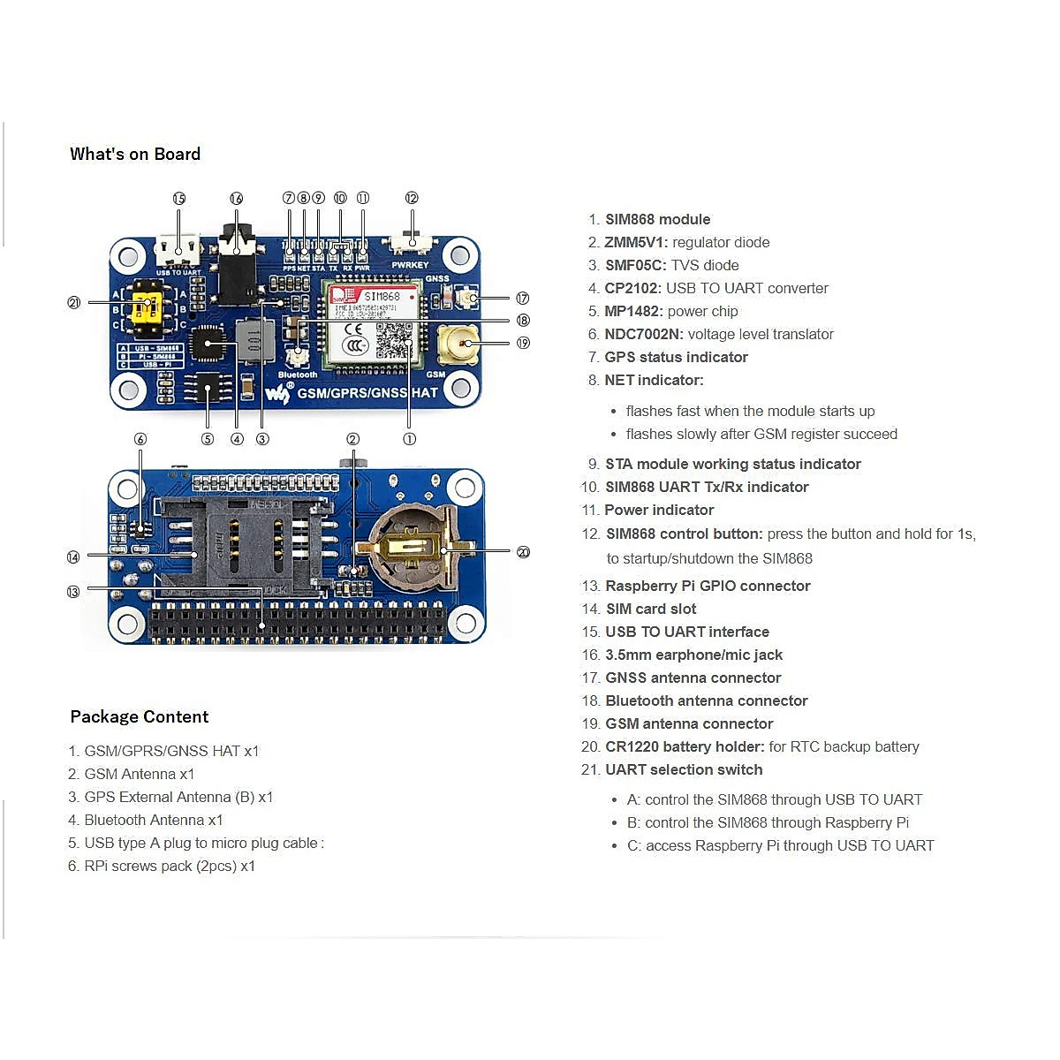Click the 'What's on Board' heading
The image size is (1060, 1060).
tap(135, 155)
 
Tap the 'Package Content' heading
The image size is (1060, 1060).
tap(140, 717)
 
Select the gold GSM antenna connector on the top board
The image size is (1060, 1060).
tap(458, 342)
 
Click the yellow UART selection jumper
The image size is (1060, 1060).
tap(146, 308)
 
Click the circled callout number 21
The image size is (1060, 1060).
tap(74, 303)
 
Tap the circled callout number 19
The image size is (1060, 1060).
tap(523, 343)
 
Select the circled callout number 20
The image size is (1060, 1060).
tap(523, 552)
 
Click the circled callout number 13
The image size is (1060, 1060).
tap(73, 592)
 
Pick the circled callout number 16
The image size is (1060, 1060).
tap(236, 199)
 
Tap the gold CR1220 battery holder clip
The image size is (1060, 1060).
tap(415, 549)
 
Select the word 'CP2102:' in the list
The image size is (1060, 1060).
tap(632, 289)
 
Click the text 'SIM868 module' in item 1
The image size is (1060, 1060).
tap(657, 220)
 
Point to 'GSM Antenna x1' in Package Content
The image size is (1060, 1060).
tap(139, 775)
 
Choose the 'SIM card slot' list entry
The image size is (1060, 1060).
tap(651, 609)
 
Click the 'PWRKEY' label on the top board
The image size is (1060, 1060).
tap(410, 265)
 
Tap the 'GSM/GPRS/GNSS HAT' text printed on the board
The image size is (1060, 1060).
tap(367, 393)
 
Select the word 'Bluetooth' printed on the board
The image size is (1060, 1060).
tap(297, 375)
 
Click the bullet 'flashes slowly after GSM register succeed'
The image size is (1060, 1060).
tap(761, 435)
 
